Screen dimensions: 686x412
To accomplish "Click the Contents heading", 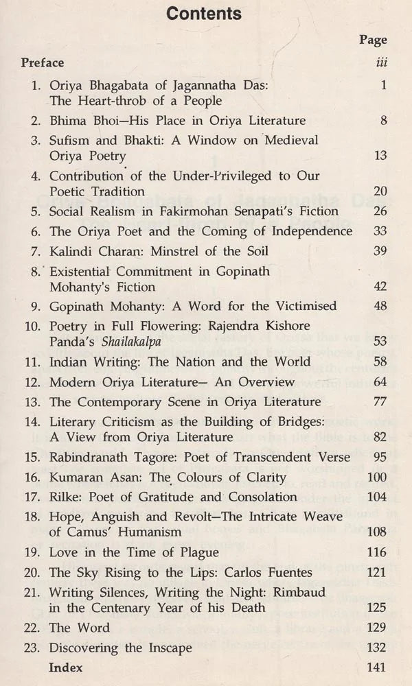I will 205,13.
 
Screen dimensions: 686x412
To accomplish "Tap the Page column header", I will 373,40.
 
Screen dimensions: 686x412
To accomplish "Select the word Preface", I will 43,62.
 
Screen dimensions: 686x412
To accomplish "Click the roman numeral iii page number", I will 382,62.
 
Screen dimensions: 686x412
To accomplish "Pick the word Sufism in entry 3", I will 69,139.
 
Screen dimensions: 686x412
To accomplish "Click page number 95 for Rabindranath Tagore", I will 379,458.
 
